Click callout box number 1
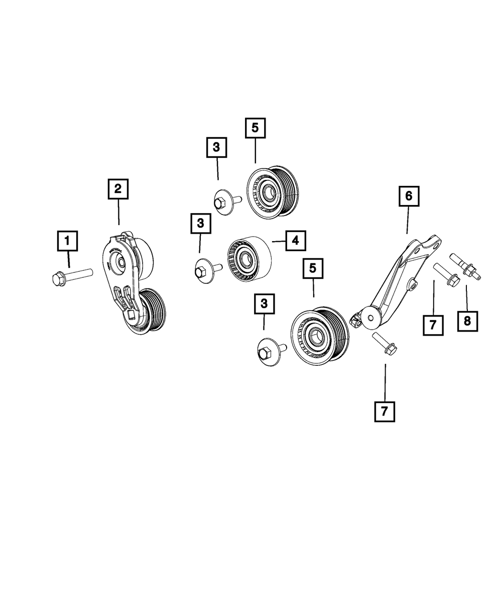pos(68,241)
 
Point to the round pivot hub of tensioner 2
pos(121,262)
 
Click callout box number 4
pos(296,241)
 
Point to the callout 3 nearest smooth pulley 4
pos(200,224)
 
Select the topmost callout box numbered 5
pos(255,128)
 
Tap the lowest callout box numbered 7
pos(385,412)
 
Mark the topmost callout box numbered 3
pos(216,148)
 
